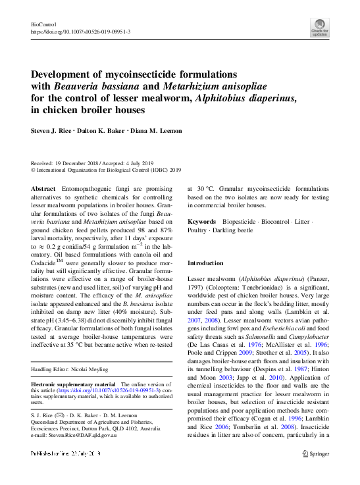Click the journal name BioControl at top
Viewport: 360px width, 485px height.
43,24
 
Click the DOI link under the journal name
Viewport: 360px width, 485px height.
80,32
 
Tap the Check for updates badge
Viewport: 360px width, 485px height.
320,27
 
